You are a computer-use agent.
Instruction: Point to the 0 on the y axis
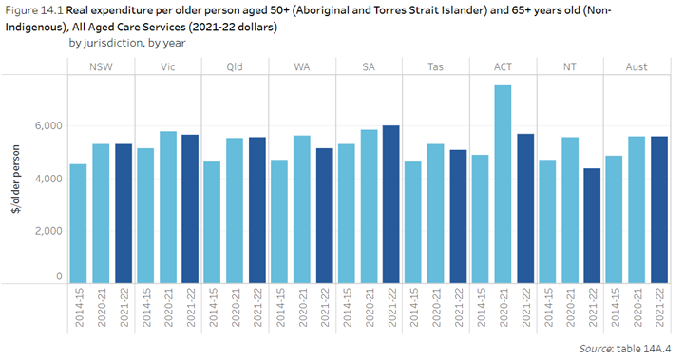pyautogui.click(x=58, y=276)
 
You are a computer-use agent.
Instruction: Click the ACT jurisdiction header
pyautogui.click(x=504, y=67)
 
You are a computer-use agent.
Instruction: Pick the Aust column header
pyautogui.click(x=638, y=67)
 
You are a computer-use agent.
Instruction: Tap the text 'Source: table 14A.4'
pyautogui.click(x=626, y=349)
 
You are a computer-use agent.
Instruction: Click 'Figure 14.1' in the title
pyautogui.click(x=34, y=10)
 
